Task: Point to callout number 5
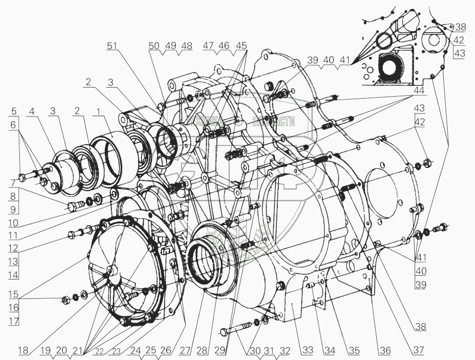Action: pyautogui.click(x=14, y=112)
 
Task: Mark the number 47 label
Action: pyautogui.click(x=208, y=46)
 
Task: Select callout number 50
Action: pyautogui.click(x=154, y=46)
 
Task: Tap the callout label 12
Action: pyautogui.click(x=13, y=248)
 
